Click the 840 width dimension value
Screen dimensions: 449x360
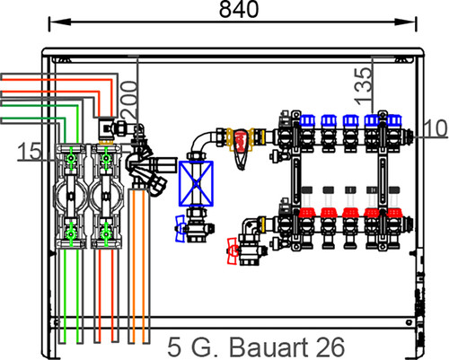coord(239,9)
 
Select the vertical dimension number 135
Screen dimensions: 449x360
coord(363,86)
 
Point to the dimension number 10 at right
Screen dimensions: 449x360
coord(436,128)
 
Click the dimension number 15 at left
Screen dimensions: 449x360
coord(30,151)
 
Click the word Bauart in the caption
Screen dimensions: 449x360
coord(267,347)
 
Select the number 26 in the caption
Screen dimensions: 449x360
coord(330,347)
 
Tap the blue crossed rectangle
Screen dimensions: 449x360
coord(196,183)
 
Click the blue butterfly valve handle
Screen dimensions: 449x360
coord(180,229)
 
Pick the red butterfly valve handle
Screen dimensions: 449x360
coord(233,251)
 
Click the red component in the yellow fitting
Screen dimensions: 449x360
coord(241,140)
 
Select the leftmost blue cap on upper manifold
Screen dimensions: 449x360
coord(307,120)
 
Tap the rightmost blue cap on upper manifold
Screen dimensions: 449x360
coord(393,120)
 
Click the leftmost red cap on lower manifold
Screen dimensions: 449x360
coord(307,213)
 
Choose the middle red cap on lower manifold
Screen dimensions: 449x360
coord(350,213)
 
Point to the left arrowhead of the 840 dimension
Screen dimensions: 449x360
coord(60,22)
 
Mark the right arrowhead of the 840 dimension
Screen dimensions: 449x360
coord(405,22)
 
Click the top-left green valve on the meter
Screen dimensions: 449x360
coord(71,158)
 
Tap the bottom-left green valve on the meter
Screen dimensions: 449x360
coord(71,233)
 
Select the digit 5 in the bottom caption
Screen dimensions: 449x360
coord(174,347)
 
